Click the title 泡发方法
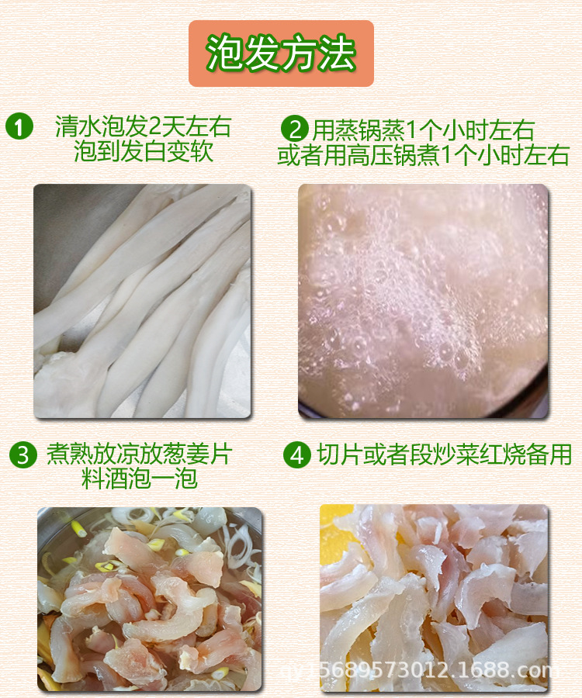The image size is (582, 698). pos(281,54)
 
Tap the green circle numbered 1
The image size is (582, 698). pos(19,126)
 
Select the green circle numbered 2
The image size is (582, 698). pos(294,130)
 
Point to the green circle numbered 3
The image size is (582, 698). pos(23,455)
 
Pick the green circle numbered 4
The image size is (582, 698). pos(297,454)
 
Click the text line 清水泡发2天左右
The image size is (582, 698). pos(144,126)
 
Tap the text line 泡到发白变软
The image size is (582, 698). pos(144,151)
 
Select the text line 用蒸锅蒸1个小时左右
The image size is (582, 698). pos(423,130)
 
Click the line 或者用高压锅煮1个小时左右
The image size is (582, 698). pos(424,155)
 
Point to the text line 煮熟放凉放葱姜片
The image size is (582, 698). pos(139,454)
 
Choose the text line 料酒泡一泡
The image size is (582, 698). pos(140,479)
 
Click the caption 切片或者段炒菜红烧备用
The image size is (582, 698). pos(444,454)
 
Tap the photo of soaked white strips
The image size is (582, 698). pos(143,302)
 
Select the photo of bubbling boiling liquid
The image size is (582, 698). pos(423,302)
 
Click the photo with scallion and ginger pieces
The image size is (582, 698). pos(150,600)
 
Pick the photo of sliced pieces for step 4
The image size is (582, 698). pos(434,599)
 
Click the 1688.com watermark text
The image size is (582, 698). pos(418,669)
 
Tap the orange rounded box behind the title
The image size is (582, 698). pos(281,54)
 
